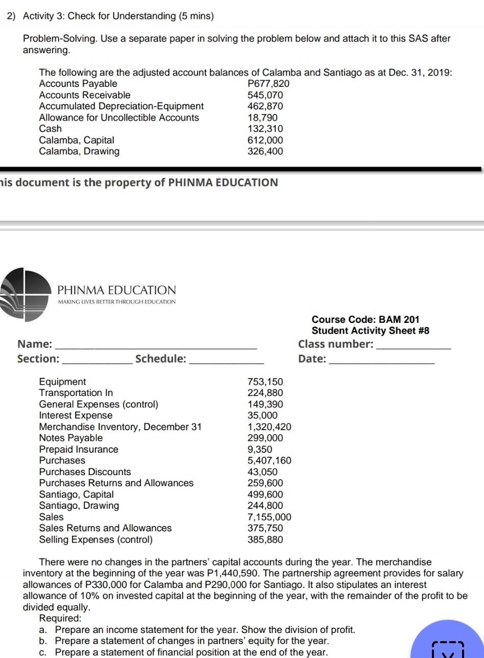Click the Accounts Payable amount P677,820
point(269,84)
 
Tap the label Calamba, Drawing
point(79,151)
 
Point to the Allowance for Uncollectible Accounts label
point(119,118)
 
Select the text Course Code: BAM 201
point(365,319)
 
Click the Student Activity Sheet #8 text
point(370,331)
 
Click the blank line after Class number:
point(414,347)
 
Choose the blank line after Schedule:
point(227,362)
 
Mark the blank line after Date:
point(383,362)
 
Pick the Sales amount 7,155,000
point(269,517)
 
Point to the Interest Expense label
point(76,415)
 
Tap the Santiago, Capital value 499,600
point(265,495)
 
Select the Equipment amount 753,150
point(265,382)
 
